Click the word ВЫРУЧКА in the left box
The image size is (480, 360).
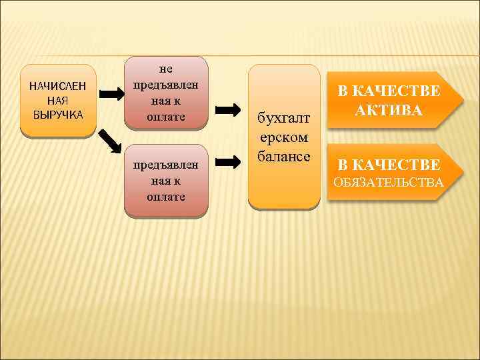pos(59,114)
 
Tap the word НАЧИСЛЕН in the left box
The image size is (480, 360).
pos(59,86)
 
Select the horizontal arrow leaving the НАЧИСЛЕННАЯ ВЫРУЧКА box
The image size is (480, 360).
pos(112,94)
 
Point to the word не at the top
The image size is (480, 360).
pos(166,68)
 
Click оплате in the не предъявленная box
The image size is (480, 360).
pos(166,117)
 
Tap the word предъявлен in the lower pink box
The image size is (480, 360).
pos(166,164)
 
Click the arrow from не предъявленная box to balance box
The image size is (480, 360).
pos(229,109)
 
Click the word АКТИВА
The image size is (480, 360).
pos(389,111)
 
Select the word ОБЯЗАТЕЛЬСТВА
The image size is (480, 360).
pos(389,181)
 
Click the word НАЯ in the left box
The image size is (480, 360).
pos(59,100)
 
